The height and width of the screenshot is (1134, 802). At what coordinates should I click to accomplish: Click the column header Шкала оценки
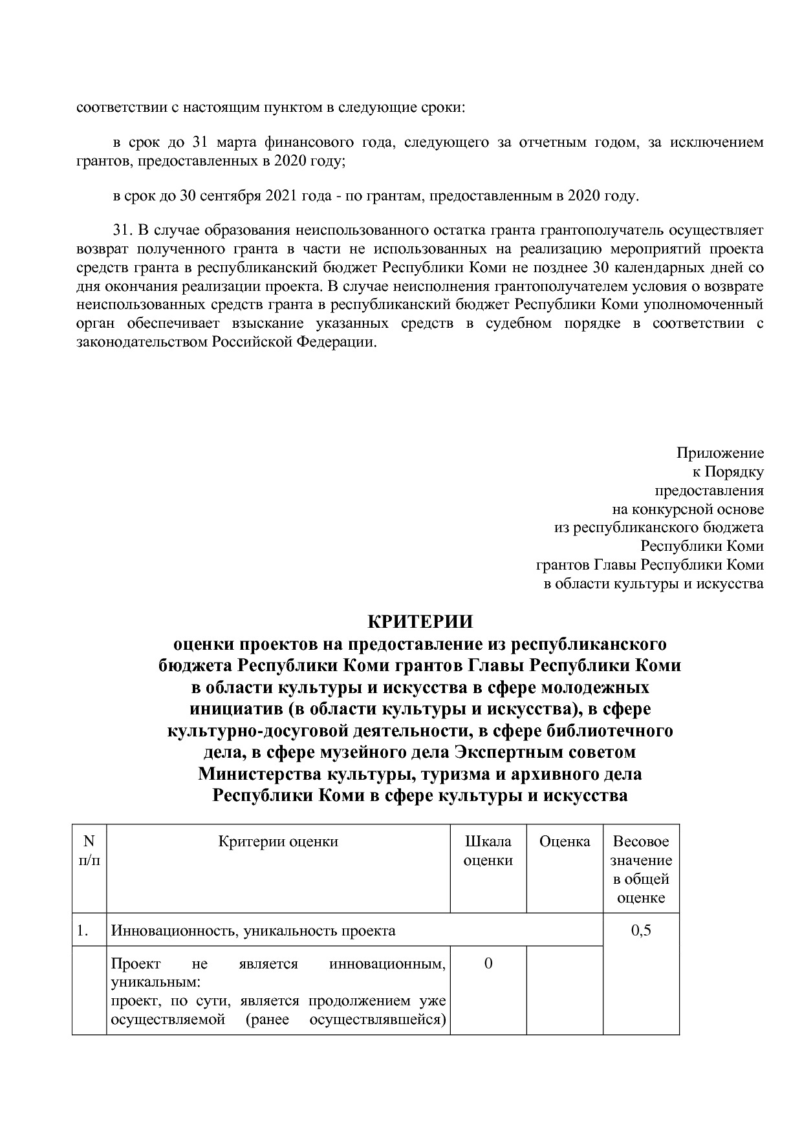click(488, 851)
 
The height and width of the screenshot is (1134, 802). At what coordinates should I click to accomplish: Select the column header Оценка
click(565, 842)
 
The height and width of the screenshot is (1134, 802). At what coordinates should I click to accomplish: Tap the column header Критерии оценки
click(278, 842)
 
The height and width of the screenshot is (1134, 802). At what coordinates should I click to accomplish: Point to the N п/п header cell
click(89, 851)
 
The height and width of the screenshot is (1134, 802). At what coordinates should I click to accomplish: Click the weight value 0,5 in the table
click(640, 931)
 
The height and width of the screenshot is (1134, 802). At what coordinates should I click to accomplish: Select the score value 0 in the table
click(488, 963)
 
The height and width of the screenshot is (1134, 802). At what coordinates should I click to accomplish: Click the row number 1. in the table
click(82, 931)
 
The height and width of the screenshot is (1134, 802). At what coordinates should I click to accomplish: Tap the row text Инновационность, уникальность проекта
click(253, 931)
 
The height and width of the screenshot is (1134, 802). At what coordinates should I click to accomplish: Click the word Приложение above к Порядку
click(720, 453)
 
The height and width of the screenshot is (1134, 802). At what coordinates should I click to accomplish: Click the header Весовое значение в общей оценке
click(640, 870)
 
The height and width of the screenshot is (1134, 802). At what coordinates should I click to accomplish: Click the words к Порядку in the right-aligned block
click(728, 471)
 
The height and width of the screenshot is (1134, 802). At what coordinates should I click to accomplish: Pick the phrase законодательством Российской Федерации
click(226, 342)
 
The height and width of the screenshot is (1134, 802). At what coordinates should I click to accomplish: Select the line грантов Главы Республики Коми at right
click(649, 565)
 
